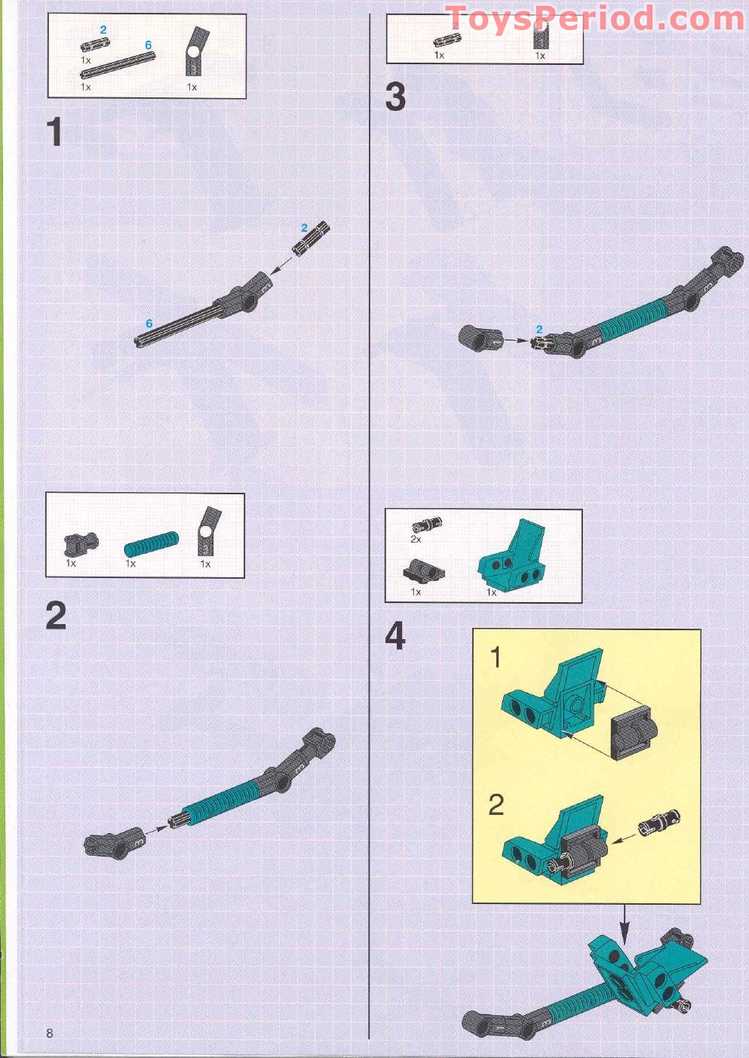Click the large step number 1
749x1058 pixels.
tap(54, 132)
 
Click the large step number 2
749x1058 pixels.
tap(56, 616)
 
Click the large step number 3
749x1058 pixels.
tap(395, 98)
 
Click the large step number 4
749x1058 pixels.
tap(395, 636)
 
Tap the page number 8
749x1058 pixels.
tap(50, 1033)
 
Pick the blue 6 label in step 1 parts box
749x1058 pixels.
tap(149, 45)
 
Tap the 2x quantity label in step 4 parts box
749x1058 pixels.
tap(416, 540)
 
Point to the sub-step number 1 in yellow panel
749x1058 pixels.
tap(496, 658)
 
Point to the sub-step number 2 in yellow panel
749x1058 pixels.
tap(496, 805)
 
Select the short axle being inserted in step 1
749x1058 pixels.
tap(312, 240)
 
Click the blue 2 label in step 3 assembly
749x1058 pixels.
tap(539, 329)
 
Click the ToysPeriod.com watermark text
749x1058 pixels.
tap(594, 18)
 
